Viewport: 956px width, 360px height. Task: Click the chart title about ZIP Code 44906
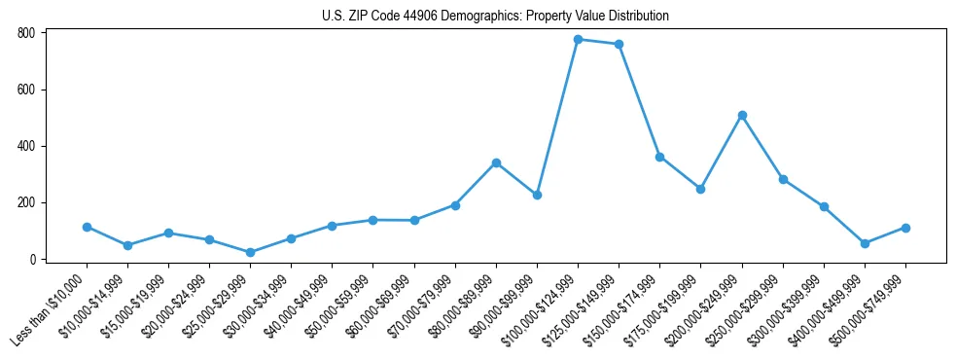495,16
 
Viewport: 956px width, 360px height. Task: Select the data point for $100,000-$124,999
578,40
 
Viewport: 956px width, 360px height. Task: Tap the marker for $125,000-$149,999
619,45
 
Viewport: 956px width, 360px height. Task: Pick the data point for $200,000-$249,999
742,115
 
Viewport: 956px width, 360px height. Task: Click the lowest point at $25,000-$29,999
250,253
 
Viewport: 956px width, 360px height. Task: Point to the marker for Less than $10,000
87,227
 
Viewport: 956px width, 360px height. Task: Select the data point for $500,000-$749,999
905,228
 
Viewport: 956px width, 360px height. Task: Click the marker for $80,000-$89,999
496,162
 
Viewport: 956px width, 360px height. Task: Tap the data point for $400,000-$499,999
865,243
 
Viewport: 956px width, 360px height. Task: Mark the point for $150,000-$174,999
659,157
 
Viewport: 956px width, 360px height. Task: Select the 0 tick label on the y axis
33,260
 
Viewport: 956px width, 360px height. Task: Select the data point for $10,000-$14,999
127,246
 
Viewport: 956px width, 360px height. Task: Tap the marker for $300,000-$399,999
824,207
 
